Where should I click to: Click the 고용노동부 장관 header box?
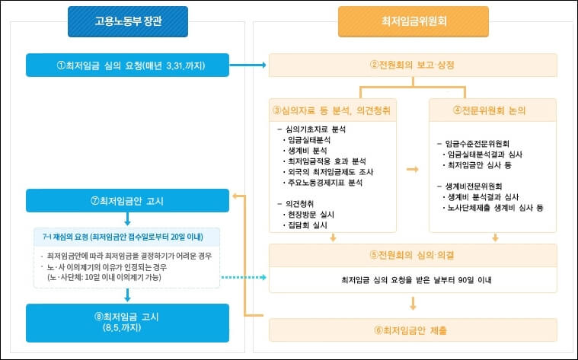click(x=127, y=21)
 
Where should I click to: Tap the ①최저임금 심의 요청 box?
click(x=127, y=65)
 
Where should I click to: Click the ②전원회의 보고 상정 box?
click(x=413, y=65)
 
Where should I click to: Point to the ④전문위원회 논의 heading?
click(x=493, y=110)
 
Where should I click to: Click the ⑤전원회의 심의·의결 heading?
click(x=413, y=254)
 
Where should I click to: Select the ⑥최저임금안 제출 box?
click(x=413, y=330)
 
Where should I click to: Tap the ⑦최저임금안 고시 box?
click(x=127, y=201)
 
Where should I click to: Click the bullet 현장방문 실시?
click(x=308, y=215)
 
